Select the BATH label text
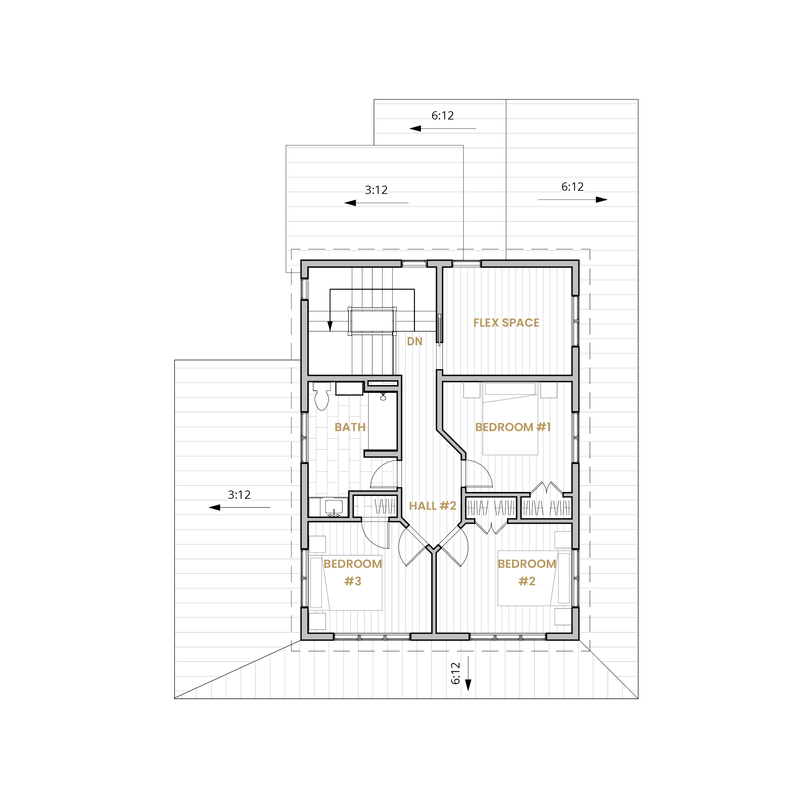tap(350, 427)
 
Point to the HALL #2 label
tap(433, 506)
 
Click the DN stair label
tap(415, 341)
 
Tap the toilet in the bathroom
tap(322, 396)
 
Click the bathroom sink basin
tap(334, 507)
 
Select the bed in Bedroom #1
tap(510, 418)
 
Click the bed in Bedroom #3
tap(346, 583)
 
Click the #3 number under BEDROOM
tap(352, 581)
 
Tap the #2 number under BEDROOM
tap(527, 581)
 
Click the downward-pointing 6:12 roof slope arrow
tap(468, 674)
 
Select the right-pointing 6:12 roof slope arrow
tap(572, 200)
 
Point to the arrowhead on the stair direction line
tap(330, 326)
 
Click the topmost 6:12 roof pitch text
tap(443, 116)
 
